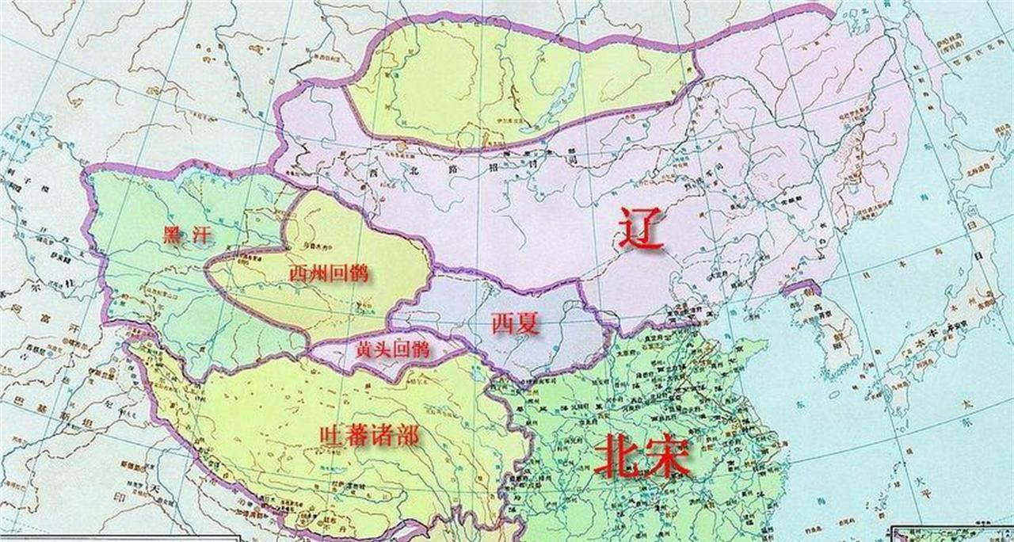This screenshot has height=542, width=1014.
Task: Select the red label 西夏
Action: [x=515, y=323]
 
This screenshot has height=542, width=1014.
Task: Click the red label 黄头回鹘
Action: [x=393, y=349]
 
